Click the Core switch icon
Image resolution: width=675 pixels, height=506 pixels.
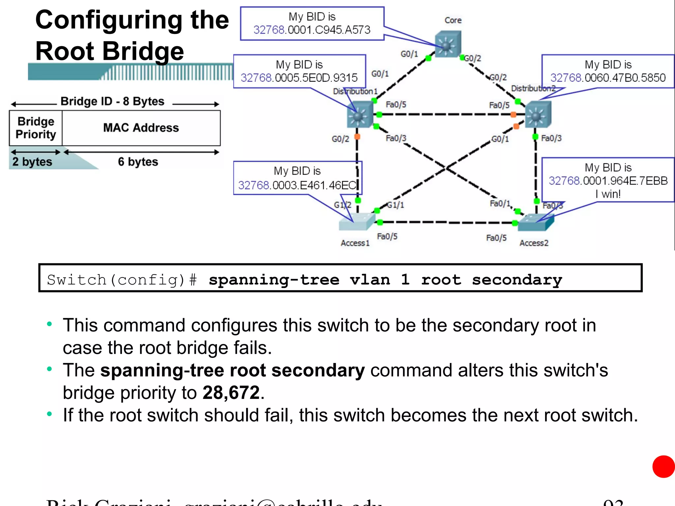pos(447,44)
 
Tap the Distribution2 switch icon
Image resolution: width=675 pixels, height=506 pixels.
pos(538,114)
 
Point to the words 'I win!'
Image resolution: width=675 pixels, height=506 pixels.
pos(608,194)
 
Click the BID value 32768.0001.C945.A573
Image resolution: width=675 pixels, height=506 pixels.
pos(312,30)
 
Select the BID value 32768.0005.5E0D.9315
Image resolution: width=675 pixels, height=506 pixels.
pos(299,78)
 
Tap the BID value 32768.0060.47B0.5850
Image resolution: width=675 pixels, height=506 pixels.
pos(608,78)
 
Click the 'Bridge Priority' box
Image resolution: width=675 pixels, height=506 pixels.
pos(36,128)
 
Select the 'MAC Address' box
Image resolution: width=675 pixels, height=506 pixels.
pos(141,128)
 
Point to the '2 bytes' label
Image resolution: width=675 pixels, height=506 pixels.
pos(32,162)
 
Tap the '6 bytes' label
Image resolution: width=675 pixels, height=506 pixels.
pos(138,162)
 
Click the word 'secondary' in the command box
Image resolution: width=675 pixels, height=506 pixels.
pos(517,280)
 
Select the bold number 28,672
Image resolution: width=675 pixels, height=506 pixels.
pos(231,393)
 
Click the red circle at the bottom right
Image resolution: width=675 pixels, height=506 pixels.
pos(663,466)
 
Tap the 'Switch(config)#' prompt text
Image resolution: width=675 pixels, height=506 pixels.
pos(122,280)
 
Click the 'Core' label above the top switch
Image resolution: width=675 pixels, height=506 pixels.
pos(453,20)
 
